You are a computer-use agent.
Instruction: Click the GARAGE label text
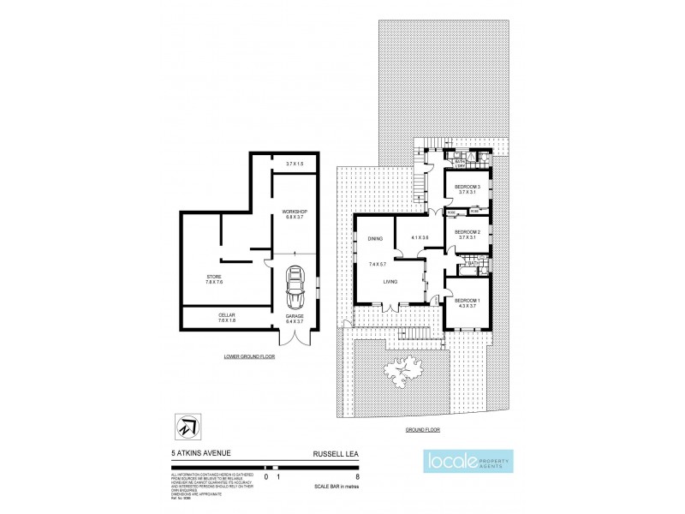pyautogui.click(x=295, y=315)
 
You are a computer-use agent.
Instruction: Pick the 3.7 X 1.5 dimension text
pyautogui.click(x=294, y=163)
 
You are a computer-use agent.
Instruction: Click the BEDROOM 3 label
pyautogui.click(x=468, y=187)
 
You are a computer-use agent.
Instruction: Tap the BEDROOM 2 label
pyautogui.click(x=468, y=232)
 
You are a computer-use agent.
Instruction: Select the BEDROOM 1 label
pyautogui.click(x=468, y=300)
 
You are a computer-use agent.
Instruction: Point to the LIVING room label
pyautogui.click(x=392, y=280)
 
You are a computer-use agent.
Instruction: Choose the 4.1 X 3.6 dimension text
pyautogui.click(x=420, y=237)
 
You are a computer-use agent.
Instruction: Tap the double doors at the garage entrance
pyautogui.click(x=295, y=338)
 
